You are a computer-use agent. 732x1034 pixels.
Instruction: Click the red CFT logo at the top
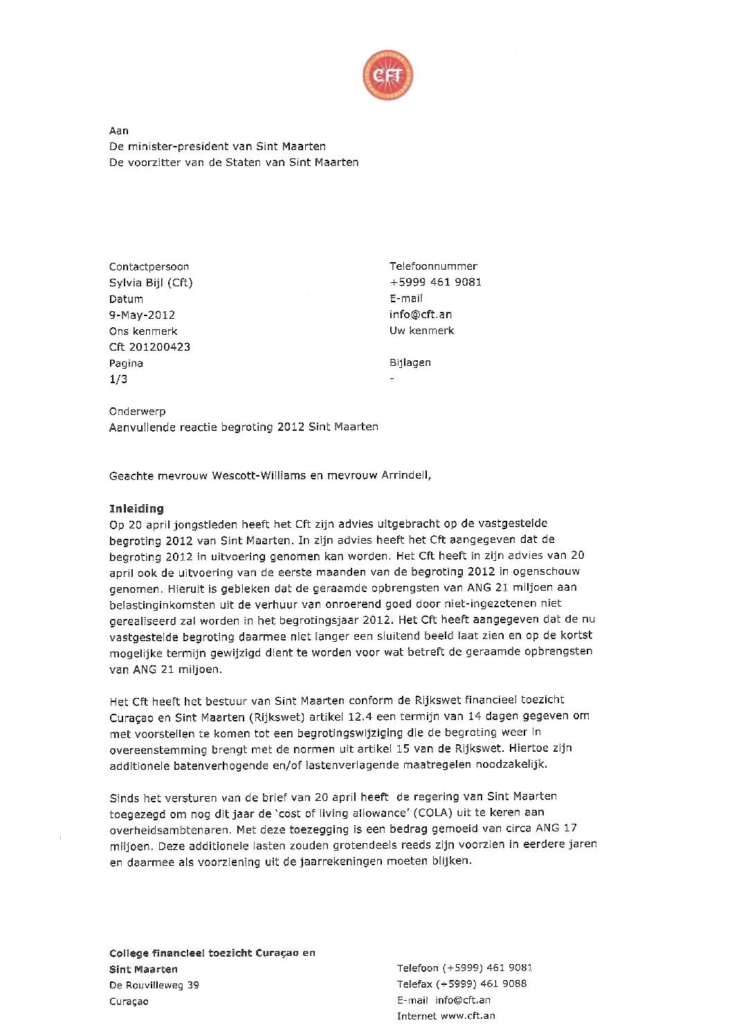(387, 75)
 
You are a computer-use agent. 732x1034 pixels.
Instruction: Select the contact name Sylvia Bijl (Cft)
(151, 282)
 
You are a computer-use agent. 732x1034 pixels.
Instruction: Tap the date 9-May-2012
(142, 315)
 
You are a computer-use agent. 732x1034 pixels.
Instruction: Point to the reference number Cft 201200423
(149, 347)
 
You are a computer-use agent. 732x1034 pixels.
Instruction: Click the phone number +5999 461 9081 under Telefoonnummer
(435, 281)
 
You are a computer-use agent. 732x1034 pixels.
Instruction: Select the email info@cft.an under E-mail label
(421, 314)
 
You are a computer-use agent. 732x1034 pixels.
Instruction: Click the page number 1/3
(118, 379)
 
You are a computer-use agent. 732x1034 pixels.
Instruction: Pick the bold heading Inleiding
(136, 508)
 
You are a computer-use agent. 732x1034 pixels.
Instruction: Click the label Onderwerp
(137, 411)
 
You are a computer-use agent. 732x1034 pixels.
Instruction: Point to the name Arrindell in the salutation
(405, 475)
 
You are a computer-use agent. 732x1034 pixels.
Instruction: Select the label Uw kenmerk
(421, 330)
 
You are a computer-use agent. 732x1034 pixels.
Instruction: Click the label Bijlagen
(410, 362)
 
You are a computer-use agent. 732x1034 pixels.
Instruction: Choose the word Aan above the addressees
(118, 130)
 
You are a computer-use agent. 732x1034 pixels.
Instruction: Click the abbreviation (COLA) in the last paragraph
(433, 812)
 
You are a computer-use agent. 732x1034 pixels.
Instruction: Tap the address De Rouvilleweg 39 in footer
(154, 985)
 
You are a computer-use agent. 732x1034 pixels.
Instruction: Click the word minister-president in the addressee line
(179, 146)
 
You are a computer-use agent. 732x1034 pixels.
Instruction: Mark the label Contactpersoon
(149, 266)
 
